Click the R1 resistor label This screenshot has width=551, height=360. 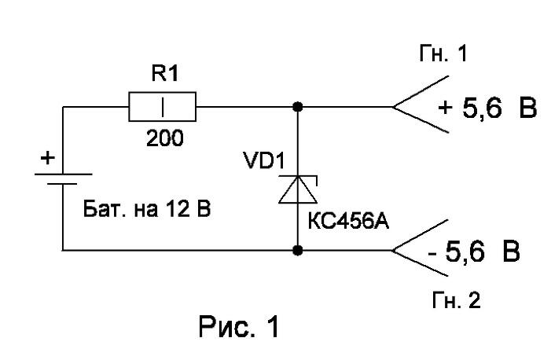pyautogui.click(x=165, y=74)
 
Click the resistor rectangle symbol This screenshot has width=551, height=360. pyautogui.click(x=163, y=107)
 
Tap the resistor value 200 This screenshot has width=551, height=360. pyautogui.click(x=165, y=138)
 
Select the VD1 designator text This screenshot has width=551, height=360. pyautogui.click(x=264, y=160)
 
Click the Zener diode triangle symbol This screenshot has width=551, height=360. pyautogui.click(x=298, y=190)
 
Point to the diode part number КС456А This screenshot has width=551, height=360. pyautogui.click(x=348, y=222)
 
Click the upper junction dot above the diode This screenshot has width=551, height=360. pyautogui.click(x=298, y=107)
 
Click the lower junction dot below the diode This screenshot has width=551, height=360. pyautogui.click(x=298, y=250)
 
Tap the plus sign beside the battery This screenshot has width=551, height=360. pyautogui.click(x=48, y=158)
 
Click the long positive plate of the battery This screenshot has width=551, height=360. pyautogui.click(x=63, y=174)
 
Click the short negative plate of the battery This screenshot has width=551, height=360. pyautogui.click(x=62, y=183)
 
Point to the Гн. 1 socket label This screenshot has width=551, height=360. pyautogui.click(x=443, y=53)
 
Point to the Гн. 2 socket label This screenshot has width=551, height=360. pyautogui.click(x=456, y=300)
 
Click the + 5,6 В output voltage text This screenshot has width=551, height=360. pyautogui.click(x=487, y=107)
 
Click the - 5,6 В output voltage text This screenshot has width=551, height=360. pyautogui.click(x=474, y=252)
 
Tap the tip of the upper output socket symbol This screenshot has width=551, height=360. pyautogui.click(x=392, y=107)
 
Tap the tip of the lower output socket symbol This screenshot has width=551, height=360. pyautogui.click(x=392, y=250)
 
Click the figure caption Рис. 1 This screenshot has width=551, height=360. pyautogui.click(x=239, y=327)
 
